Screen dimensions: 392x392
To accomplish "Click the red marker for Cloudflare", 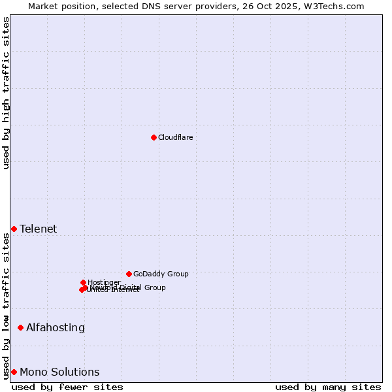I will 154,137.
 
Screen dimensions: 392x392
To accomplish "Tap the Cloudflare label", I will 175,137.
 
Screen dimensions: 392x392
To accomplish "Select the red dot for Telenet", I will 14,229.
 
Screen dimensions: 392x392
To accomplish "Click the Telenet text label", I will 38,229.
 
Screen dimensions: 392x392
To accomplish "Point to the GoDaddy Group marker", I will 129,274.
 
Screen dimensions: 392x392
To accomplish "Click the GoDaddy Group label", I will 161,274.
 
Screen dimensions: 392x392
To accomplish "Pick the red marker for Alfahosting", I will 20,327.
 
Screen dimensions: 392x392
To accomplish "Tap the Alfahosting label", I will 55,327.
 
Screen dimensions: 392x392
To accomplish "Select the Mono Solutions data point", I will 14,372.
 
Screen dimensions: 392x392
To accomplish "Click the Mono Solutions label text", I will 59,372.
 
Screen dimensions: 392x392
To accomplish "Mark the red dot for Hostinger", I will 83,282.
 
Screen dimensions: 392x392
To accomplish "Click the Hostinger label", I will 104,282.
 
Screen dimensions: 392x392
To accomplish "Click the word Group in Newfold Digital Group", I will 154,287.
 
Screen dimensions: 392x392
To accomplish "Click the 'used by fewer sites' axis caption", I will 67,387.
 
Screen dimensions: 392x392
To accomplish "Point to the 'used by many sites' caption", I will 328,387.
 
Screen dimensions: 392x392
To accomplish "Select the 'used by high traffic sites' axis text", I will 6,93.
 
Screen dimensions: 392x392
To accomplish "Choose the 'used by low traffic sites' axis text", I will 6,306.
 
